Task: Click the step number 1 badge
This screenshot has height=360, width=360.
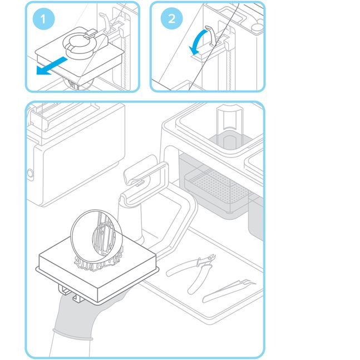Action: tap(43, 19)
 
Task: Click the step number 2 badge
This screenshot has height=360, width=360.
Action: tap(171, 19)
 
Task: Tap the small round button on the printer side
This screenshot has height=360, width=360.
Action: tap(30, 174)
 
